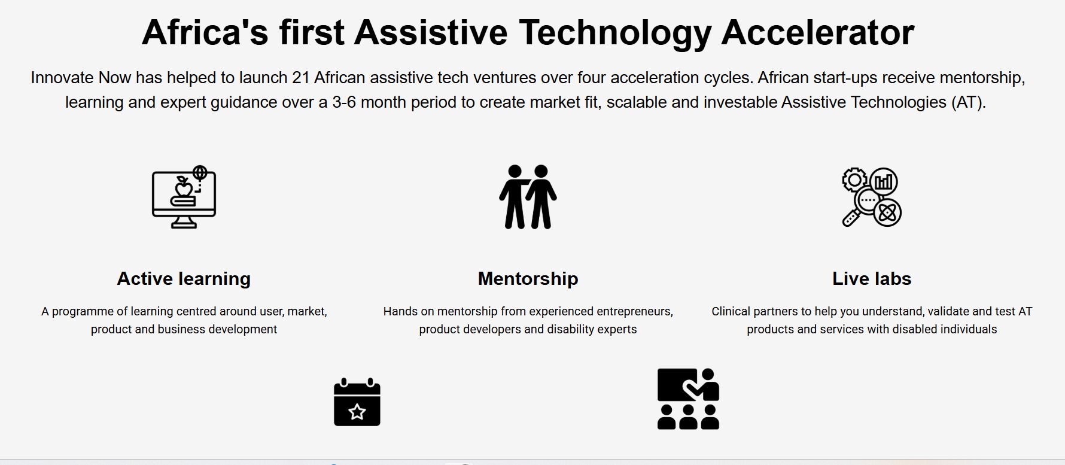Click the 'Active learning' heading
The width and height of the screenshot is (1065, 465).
(184, 279)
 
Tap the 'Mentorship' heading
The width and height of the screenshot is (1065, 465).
(528, 279)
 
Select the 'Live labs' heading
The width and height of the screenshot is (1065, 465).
(872, 279)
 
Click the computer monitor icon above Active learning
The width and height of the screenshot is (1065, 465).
(184, 197)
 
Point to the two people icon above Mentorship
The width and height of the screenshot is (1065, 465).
(528, 197)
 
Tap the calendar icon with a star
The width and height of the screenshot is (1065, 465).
(357, 402)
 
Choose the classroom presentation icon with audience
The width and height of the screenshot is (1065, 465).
(688, 399)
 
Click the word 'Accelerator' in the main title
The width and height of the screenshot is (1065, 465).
(818, 32)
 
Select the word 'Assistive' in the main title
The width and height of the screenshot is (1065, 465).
(430, 32)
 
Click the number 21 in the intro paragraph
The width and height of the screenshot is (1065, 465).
(300, 78)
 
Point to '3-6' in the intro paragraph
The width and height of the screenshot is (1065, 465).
(344, 102)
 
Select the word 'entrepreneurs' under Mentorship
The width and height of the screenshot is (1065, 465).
(635, 312)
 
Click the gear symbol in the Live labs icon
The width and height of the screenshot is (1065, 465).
(855, 180)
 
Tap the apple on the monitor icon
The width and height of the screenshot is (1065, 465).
(184, 189)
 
